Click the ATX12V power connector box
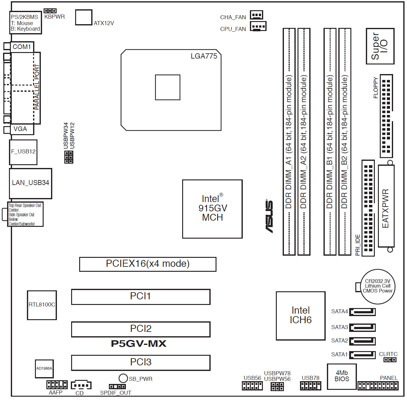(84, 17)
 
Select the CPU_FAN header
(258, 26)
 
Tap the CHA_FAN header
(256, 15)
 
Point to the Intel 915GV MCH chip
(212, 209)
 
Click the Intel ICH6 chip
(301, 316)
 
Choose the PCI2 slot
(141, 329)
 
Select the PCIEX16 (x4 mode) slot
(148, 264)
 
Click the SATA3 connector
(362, 327)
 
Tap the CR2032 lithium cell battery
(377, 287)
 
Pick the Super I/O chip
(380, 46)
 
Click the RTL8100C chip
(42, 305)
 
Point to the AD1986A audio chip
(44, 368)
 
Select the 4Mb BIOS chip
(342, 377)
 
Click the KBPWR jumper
(50, 11)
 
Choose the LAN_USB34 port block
(30, 183)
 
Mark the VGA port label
(20, 129)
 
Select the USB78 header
(311, 386)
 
